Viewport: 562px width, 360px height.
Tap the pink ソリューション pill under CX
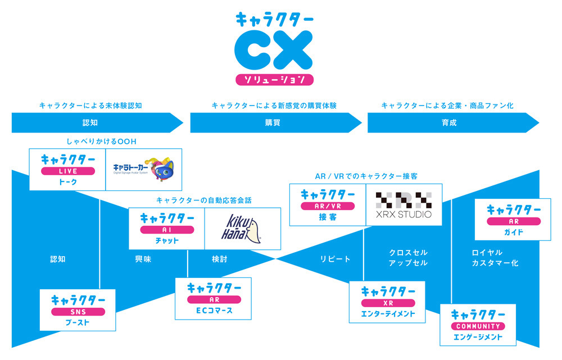(x=274, y=79)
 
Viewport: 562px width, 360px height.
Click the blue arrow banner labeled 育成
(x=450, y=122)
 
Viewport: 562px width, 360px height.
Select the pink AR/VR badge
(x=327, y=206)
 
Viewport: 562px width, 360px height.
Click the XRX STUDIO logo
(x=404, y=205)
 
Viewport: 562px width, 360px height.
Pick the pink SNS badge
(x=78, y=312)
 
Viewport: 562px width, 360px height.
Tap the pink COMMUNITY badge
(x=478, y=326)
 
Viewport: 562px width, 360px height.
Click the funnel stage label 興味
(x=143, y=259)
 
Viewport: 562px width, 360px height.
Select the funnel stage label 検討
(x=219, y=259)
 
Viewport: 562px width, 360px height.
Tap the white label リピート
(x=335, y=259)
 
